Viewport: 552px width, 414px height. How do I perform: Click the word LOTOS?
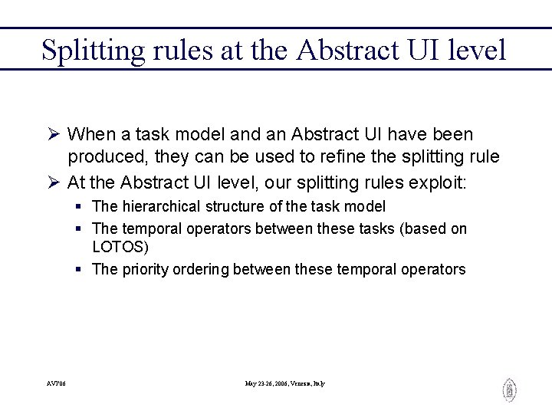120,247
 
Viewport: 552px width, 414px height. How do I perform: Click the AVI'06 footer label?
57,383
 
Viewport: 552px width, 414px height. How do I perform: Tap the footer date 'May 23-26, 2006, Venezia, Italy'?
284,383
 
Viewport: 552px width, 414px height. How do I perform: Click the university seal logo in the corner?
509,390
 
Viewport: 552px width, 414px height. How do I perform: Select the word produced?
103,157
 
